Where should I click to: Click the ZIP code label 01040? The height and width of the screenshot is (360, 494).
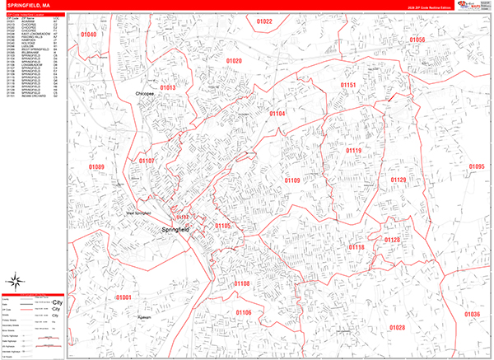click(x=88, y=35)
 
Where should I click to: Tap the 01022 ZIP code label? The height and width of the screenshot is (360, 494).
click(x=264, y=21)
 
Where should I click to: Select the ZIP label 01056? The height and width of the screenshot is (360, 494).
click(x=417, y=40)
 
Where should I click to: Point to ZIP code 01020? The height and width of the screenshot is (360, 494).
click(x=235, y=61)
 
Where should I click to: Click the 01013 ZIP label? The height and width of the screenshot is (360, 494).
click(x=168, y=87)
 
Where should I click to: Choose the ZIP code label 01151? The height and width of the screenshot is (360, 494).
click(x=349, y=85)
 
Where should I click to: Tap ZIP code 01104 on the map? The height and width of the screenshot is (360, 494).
click(x=277, y=113)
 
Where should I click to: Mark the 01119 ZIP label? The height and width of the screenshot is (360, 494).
click(x=353, y=151)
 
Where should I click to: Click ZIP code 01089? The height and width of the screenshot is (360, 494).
click(x=98, y=167)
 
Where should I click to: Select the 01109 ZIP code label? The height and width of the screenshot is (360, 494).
click(x=292, y=180)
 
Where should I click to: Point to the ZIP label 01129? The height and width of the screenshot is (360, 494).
click(x=398, y=180)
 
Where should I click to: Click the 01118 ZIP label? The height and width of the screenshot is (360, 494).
click(x=357, y=247)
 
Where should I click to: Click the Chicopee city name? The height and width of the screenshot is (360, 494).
click(x=145, y=95)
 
